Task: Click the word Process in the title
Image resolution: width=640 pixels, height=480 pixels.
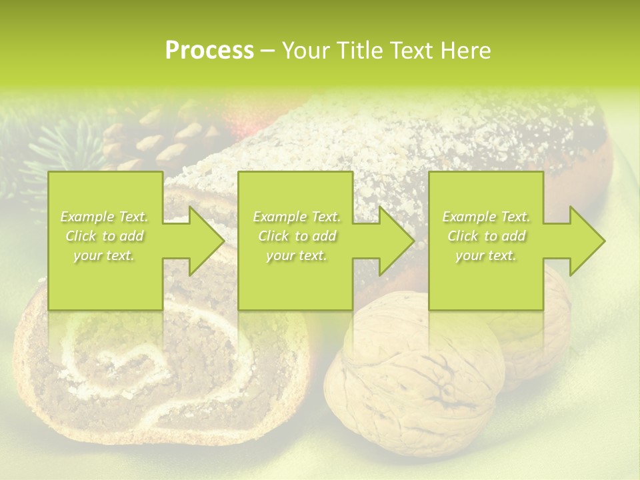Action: tap(209, 51)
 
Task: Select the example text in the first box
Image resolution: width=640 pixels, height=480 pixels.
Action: tap(104, 236)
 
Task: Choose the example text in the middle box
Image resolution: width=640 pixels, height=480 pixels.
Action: tap(296, 236)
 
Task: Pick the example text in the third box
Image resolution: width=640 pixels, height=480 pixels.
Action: tap(486, 236)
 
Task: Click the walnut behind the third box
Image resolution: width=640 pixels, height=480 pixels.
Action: tap(533, 333)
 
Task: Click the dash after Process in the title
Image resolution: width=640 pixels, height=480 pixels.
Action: tap(267, 51)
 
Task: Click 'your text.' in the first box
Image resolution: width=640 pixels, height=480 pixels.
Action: tap(104, 255)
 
